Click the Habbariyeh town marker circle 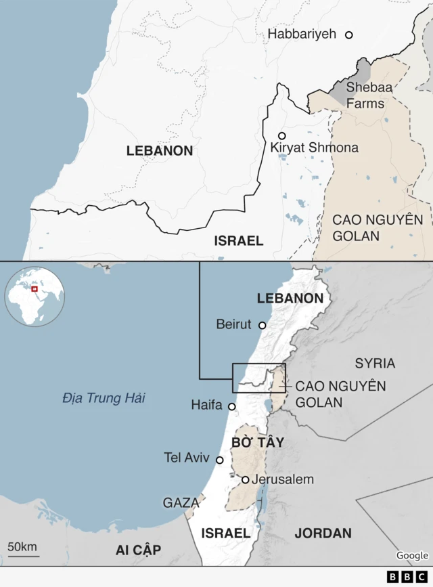(349, 35)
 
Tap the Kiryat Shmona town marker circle (282, 135)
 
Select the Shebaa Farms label (365, 95)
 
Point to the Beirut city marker (263, 325)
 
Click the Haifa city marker (232, 407)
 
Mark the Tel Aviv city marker (219, 460)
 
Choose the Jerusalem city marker (246, 480)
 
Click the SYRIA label (375, 364)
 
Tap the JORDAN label (323, 533)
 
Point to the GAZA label (181, 503)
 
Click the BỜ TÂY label (257, 442)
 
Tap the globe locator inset (35, 296)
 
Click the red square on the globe (34, 289)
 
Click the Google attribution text (412, 556)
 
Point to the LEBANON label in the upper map (160, 151)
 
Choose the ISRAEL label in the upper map (238, 240)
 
